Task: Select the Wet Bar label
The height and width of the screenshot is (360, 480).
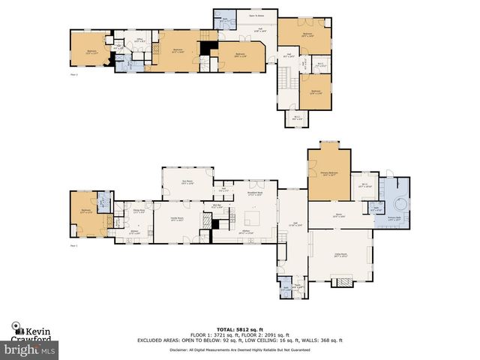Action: (217, 205)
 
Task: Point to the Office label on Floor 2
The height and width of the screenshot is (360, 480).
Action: (139, 40)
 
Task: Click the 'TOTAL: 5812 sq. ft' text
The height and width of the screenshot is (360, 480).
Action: (239, 329)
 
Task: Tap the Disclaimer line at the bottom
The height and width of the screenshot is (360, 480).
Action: (239, 349)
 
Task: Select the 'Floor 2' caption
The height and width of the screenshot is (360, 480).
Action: (73, 75)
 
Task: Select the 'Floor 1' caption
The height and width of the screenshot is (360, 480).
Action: (73, 245)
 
